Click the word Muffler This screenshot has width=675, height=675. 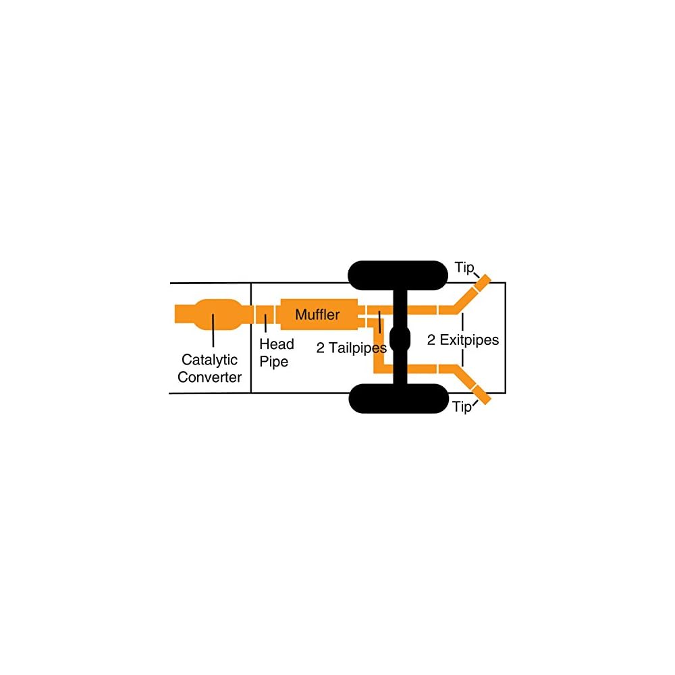(x=317, y=315)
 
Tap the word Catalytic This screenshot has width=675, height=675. (x=209, y=360)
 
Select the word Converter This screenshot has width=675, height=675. (x=209, y=377)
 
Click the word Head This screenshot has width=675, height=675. (x=277, y=344)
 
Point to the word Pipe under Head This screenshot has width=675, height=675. (x=274, y=362)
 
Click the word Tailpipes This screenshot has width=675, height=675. (x=356, y=348)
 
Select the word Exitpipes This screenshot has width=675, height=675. (x=469, y=340)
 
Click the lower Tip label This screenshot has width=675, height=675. (x=462, y=407)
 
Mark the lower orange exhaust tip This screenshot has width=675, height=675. (x=481, y=395)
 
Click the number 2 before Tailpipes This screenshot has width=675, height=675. (x=321, y=348)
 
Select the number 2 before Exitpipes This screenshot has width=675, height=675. (x=431, y=340)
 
